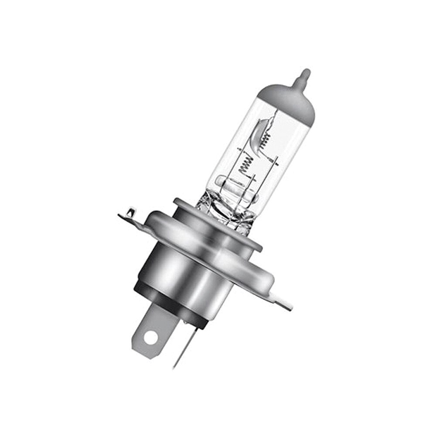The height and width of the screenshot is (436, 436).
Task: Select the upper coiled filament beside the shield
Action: pyautogui.click(x=265, y=139)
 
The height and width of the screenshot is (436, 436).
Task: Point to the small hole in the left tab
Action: pyautogui.click(x=129, y=213)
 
